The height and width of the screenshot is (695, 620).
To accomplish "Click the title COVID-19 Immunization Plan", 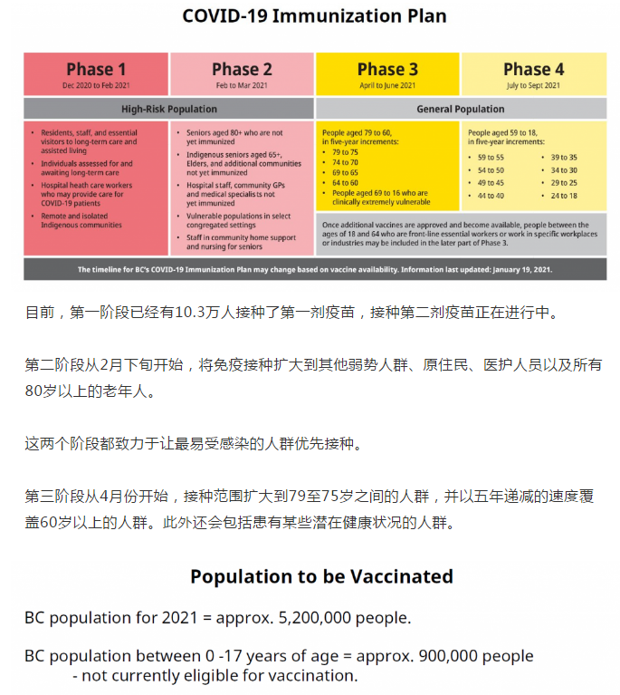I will pos(314,15).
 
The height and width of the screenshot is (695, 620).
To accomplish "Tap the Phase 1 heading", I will pos(96,69).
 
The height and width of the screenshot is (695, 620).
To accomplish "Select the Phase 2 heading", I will pos(242,69).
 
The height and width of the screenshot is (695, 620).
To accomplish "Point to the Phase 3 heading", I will pos(387,69).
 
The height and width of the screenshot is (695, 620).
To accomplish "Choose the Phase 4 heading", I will pos(533,69).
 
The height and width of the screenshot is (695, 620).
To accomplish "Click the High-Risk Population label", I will pos(169,109).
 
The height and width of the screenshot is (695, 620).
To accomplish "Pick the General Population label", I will pos(461,109).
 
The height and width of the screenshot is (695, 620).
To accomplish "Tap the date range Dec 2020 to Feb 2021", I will pos(96,85).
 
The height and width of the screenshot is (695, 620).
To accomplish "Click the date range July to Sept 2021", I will pos(533,85).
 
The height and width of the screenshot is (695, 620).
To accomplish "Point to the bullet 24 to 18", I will pos(563,196).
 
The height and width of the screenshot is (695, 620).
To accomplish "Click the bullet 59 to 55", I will pos(491,157).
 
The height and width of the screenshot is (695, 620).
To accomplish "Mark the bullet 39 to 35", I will pos(563,157).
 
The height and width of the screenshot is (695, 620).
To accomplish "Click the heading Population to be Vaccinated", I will pos(321,576).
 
